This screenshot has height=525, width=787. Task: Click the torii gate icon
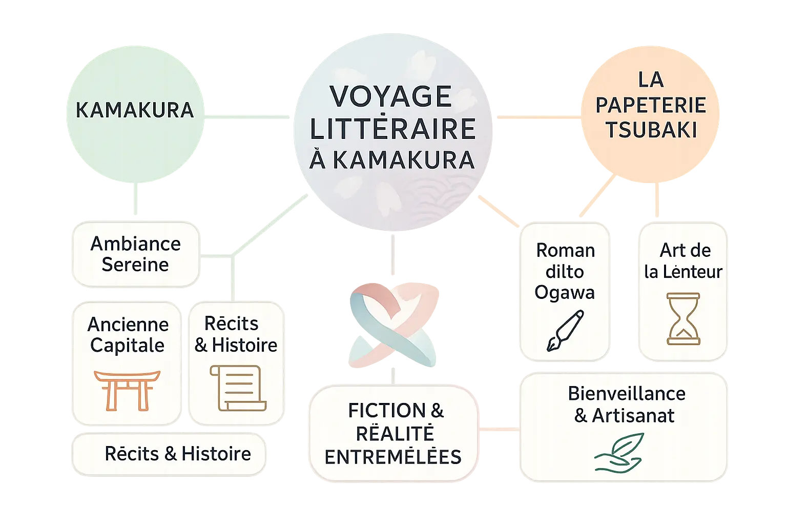(x=127, y=390)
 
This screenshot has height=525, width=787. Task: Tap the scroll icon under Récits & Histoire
(x=237, y=388)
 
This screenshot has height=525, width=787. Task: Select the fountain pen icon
(x=565, y=330)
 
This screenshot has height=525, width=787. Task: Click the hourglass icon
(x=684, y=319)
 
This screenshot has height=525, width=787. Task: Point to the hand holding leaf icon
(x=619, y=452)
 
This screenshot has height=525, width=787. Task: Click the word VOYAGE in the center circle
(x=390, y=96)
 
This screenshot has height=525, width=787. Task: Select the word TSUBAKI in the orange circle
(x=651, y=130)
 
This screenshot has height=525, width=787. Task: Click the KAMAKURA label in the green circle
(x=135, y=110)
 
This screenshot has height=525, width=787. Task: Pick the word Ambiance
(x=135, y=244)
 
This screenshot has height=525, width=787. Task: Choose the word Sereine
(x=135, y=265)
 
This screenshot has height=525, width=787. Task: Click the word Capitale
(x=127, y=346)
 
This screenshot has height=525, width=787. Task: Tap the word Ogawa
(x=565, y=292)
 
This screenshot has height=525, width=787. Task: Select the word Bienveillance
(x=626, y=393)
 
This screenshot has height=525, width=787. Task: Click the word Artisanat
(x=633, y=415)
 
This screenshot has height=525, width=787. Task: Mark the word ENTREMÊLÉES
(x=393, y=457)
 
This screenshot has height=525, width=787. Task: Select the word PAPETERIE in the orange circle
(x=651, y=105)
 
